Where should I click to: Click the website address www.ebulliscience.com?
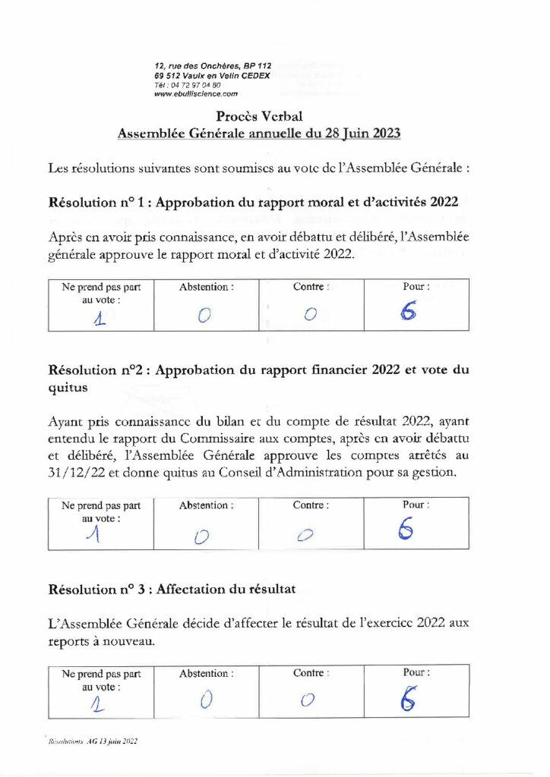tap(196, 94)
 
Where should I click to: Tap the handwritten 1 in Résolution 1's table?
tap(98, 319)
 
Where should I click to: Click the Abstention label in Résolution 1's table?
tap(206, 288)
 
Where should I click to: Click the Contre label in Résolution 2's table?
tap(311, 505)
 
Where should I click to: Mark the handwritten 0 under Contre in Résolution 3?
tap(307, 700)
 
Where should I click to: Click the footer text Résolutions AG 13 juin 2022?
tap(93, 741)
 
